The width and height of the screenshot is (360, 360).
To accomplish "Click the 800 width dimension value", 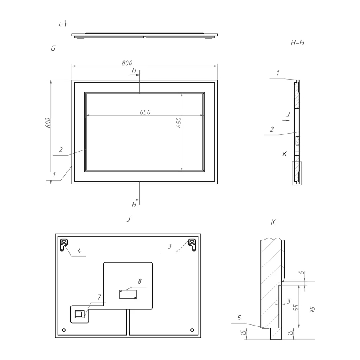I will (x=127, y=63).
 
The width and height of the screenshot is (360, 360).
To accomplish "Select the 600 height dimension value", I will (x=48, y=122).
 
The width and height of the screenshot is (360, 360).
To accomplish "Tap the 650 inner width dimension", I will (x=145, y=112).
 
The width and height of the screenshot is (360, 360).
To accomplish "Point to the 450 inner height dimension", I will (x=179, y=122).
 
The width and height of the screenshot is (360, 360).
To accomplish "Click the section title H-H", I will (x=298, y=42).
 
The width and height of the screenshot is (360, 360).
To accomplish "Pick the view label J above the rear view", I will (x=128, y=219).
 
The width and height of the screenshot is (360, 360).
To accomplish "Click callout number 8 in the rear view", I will (x=140, y=282).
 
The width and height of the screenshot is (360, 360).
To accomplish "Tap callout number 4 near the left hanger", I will (x=79, y=251).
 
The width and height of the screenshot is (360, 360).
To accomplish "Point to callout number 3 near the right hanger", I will (x=170, y=247).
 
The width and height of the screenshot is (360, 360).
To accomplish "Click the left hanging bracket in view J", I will (x=64, y=244).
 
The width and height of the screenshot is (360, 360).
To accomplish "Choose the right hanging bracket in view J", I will (x=192, y=244).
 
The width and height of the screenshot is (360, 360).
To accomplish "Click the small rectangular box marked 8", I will (x=128, y=294).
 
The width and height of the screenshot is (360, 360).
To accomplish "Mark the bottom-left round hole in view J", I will (x=64, y=330).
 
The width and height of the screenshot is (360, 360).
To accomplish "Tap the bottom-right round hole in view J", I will (x=192, y=330).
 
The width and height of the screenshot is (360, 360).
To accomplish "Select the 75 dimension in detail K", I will (x=313, y=309).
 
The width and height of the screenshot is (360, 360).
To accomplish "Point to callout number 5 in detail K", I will (x=239, y=318).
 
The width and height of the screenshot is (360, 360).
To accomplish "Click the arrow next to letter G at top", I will (x=66, y=24).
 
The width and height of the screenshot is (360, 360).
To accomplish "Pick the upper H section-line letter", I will (x=134, y=71).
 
